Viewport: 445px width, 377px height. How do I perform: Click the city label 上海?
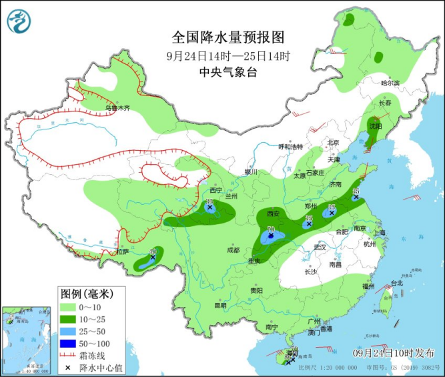pos(380,233)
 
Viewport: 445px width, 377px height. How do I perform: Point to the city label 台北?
pos(396,283)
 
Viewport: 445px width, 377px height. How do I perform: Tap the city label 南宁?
pos(271,327)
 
